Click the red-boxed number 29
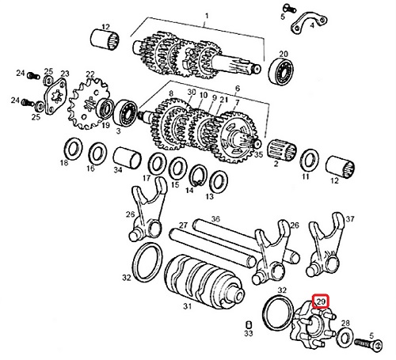[x=321, y=301]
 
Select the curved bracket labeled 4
[x=309, y=23]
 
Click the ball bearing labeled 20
[x=281, y=71]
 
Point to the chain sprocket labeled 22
[x=89, y=104]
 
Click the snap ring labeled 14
[x=197, y=176]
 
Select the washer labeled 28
[x=345, y=337]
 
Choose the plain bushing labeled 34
[x=128, y=157]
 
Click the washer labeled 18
[x=74, y=149]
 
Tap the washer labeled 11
[x=310, y=161]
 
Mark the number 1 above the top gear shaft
[x=207, y=16]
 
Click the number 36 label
[x=215, y=218]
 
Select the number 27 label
[x=183, y=225]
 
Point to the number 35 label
[x=258, y=154]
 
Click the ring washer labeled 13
[x=219, y=182]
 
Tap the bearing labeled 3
[x=124, y=113]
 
